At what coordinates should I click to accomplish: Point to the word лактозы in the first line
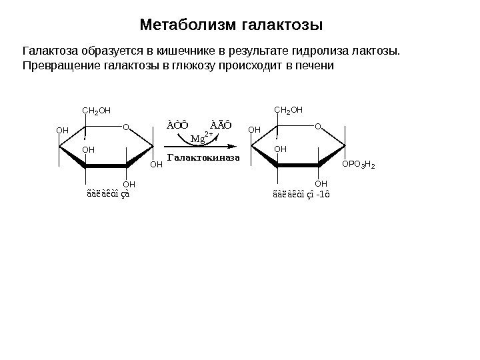pyautogui.click(x=380, y=51)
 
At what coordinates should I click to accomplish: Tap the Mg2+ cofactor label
pyautogui.click(x=201, y=139)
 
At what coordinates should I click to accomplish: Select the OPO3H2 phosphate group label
pyautogui.click(x=359, y=164)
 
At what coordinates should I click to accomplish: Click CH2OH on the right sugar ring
pyautogui.click(x=289, y=110)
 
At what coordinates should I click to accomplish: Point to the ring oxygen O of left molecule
pyautogui.click(x=125, y=125)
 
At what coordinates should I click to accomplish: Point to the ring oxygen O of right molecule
pyautogui.click(x=317, y=125)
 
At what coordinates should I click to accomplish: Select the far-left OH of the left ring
pyautogui.click(x=62, y=131)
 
